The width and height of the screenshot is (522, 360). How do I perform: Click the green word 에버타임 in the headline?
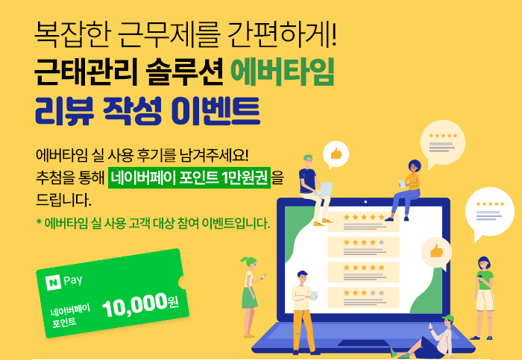(283, 72)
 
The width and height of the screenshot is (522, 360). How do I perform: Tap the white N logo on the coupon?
(53, 282)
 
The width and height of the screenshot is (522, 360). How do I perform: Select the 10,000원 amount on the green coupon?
(140, 304)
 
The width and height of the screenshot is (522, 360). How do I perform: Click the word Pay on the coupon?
(72, 280)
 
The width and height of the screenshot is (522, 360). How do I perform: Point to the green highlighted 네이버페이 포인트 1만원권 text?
(189, 177)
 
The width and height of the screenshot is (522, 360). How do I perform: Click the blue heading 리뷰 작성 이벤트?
(147, 111)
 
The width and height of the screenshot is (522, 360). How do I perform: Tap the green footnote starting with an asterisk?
(153, 224)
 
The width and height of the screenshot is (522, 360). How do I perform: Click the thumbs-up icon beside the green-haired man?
(336, 154)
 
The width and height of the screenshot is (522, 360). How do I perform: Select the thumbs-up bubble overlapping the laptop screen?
(436, 251)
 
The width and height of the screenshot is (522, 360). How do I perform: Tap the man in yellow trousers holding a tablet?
(304, 312)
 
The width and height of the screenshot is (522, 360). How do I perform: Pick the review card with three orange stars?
(363, 297)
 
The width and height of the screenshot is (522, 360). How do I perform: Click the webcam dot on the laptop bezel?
(365, 202)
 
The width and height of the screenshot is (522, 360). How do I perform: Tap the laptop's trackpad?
(364, 343)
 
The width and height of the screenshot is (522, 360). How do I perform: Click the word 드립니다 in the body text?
(63, 200)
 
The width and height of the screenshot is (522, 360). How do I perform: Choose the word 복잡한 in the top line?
(72, 34)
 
